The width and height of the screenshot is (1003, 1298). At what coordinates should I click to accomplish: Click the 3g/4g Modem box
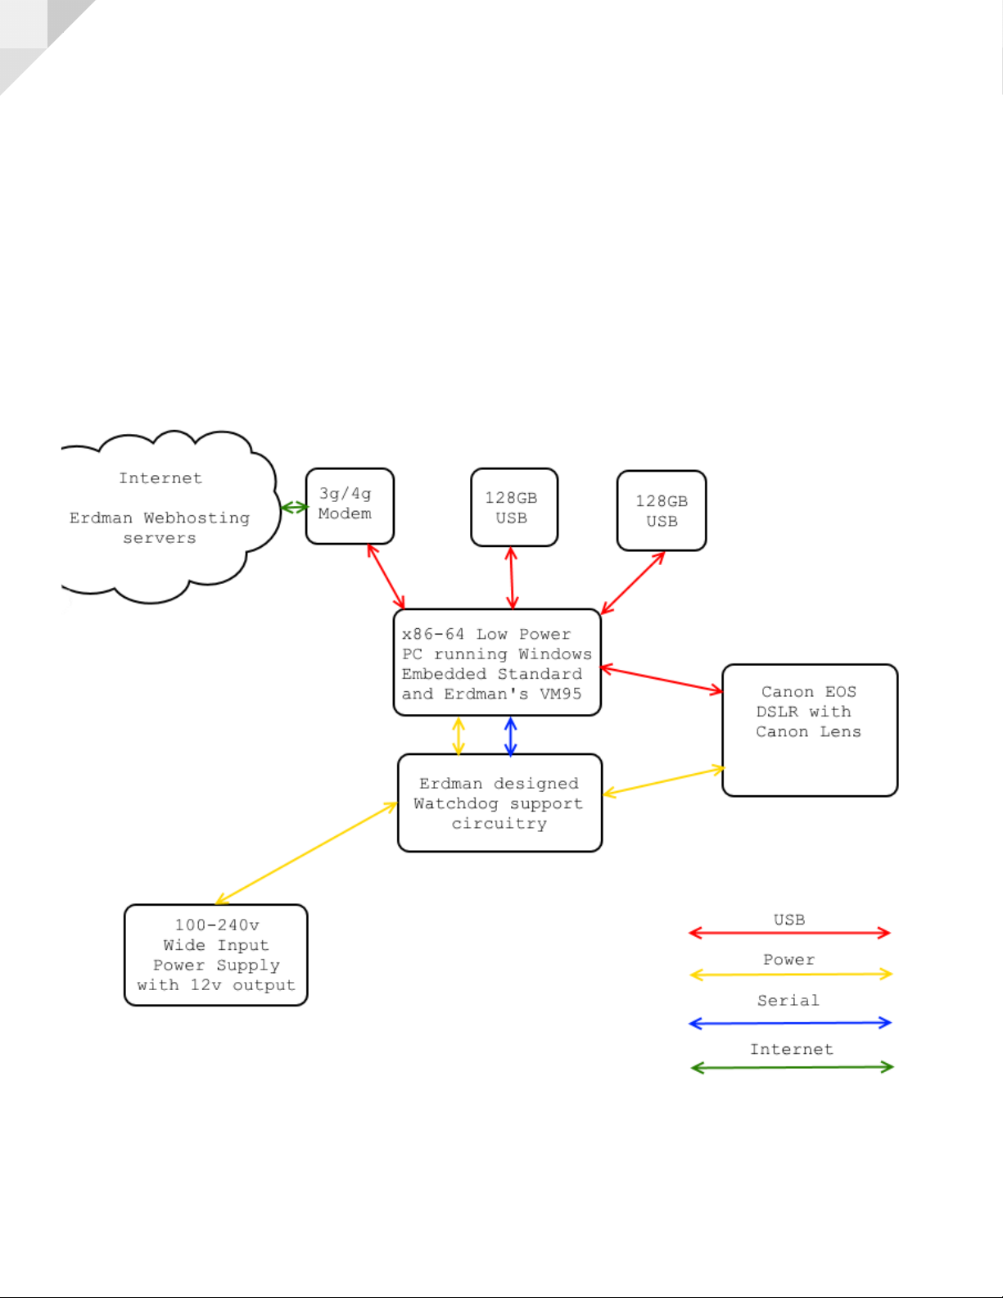click(x=350, y=506)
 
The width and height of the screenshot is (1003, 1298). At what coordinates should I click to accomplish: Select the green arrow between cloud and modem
click(x=294, y=508)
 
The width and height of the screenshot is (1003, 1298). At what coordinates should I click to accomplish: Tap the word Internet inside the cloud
click(x=160, y=478)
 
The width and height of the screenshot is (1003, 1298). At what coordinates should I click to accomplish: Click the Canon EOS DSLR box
click(x=810, y=730)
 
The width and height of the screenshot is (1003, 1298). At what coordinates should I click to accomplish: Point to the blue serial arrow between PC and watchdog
click(x=510, y=736)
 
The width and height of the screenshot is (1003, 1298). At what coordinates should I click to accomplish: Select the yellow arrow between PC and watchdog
click(x=459, y=736)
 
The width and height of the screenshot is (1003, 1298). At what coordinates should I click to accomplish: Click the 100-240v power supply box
click(x=216, y=955)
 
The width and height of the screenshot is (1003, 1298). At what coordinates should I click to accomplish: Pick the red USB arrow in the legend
click(x=789, y=933)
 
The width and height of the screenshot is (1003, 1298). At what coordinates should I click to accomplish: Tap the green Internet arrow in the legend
click(x=792, y=1067)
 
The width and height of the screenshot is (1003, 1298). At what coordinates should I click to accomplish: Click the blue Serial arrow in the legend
click(x=790, y=1023)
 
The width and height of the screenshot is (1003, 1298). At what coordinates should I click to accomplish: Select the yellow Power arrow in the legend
click(x=790, y=975)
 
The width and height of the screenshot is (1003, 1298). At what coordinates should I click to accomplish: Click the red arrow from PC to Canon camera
click(x=661, y=680)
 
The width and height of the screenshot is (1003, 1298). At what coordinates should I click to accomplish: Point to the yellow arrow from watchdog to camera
click(x=664, y=780)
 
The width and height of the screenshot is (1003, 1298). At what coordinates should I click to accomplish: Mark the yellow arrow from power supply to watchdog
click(x=306, y=853)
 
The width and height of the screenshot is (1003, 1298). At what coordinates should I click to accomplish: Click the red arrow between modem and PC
click(x=386, y=577)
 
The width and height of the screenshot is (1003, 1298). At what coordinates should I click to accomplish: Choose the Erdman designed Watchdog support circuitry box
click(x=499, y=803)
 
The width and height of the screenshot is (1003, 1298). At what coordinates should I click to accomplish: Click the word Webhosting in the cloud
click(x=197, y=518)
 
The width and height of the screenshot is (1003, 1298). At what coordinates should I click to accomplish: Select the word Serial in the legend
click(x=788, y=1001)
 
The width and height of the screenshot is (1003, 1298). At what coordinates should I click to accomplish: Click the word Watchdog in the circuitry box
click(x=455, y=804)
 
